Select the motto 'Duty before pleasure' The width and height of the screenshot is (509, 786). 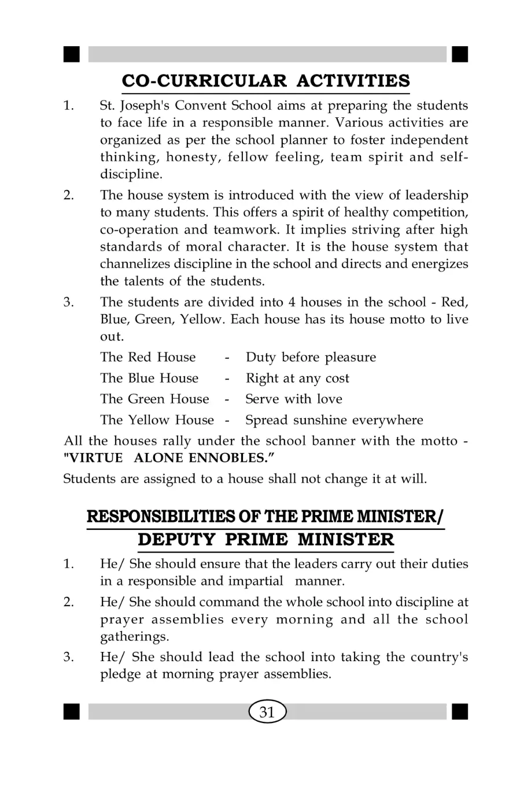point(311,358)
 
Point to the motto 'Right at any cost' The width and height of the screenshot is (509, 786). point(297,379)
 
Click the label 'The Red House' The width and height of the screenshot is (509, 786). point(147,358)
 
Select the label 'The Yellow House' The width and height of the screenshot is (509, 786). point(154,420)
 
